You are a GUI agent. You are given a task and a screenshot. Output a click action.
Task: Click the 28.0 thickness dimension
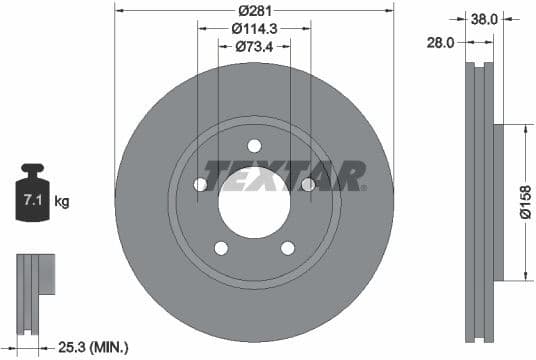pyautogui.click(x=441, y=43)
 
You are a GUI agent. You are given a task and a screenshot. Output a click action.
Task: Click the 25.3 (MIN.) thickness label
pyautogui.click(x=93, y=347)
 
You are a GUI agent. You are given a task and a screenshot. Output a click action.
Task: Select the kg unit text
pyautogui.click(x=62, y=202)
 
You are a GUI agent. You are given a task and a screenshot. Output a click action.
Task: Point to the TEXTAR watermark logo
pyautogui.click(x=285, y=176)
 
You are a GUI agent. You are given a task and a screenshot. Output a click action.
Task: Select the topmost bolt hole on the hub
pyautogui.click(x=254, y=145)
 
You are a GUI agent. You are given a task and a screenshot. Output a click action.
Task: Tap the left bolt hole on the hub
pyautogui.click(x=200, y=185)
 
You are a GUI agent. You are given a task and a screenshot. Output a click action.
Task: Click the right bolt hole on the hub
pyautogui.click(x=308, y=185)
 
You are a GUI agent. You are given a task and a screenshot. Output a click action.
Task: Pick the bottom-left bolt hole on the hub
pyautogui.click(x=221, y=248)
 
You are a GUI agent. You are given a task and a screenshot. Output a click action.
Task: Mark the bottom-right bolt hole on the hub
pyautogui.click(x=288, y=248)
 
